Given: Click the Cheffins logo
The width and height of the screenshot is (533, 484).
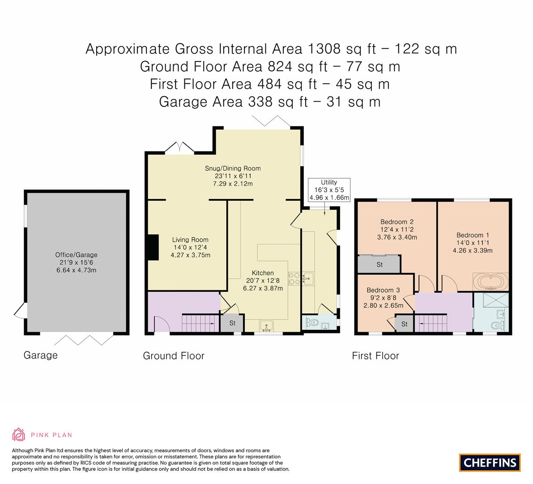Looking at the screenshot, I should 490,462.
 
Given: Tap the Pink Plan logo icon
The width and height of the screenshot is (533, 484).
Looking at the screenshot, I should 19,434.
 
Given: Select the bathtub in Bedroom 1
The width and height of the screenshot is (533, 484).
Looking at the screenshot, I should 490,282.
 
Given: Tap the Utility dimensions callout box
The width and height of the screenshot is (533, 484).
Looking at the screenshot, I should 329,190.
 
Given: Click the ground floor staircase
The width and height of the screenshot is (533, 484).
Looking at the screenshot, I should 197,323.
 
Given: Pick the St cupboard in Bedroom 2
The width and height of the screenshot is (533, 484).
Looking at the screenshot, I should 379,264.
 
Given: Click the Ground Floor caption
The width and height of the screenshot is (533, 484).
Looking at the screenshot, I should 174,356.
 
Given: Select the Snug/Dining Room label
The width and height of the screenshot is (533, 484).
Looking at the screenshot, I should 233,169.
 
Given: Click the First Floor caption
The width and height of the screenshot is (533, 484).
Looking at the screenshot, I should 375,356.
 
